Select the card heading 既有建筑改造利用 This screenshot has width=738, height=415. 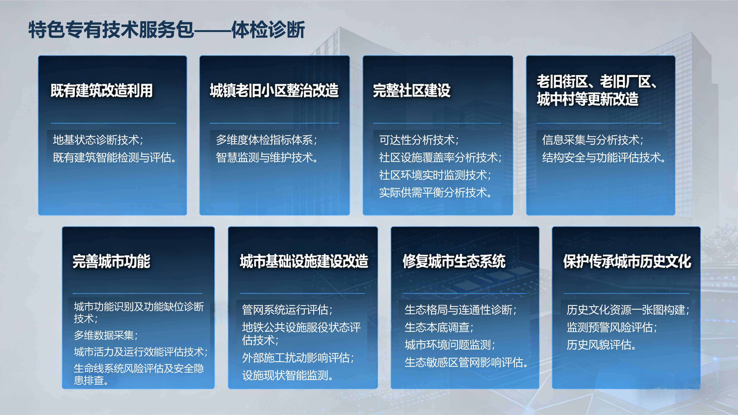pos(102,90)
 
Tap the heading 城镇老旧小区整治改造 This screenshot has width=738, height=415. pos(274,90)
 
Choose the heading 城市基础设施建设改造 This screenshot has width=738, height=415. pos(304,261)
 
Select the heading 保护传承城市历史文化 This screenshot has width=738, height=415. pos(627,261)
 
